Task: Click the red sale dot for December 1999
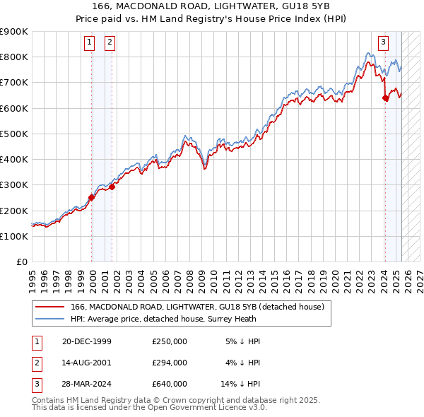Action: coord(92,198)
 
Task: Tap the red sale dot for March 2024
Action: coord(385,98)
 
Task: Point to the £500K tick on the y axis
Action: coord(14,134)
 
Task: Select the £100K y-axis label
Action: coord(14,236)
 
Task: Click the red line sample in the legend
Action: coord(51,307)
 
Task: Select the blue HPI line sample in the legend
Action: coord(51,319)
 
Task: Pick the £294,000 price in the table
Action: coord(170,363)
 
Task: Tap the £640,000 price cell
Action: coord(170,384)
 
